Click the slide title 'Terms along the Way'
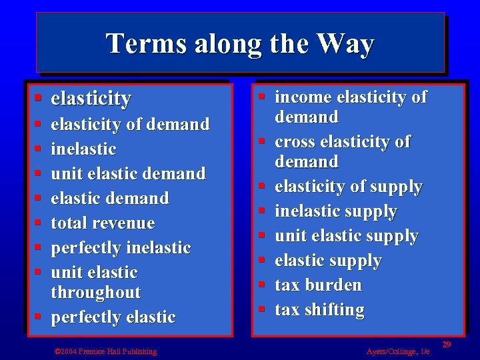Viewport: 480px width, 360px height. [240, 44]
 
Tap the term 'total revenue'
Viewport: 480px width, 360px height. [103, 223]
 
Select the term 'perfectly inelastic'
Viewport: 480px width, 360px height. [121, 247]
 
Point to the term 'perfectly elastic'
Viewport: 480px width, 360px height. [113, 317]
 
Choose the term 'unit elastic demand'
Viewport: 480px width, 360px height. [128, 173]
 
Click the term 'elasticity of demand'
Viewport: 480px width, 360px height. [130, 124]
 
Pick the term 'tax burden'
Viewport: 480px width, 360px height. [318, 285]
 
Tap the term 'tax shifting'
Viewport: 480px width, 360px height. [319, 309]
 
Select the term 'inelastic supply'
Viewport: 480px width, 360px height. [335, 211]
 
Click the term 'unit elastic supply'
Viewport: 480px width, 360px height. [346, 236]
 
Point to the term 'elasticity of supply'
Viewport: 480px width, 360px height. [348, 187]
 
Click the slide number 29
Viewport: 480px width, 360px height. [447, 344]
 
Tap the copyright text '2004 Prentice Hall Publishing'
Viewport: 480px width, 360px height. [108, 351]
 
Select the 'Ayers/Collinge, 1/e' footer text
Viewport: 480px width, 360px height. [398, 351]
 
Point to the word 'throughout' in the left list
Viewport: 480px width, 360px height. [95, 292]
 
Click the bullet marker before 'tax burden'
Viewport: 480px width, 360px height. [263, 285]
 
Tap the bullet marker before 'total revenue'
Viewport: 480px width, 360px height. [39, 223]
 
